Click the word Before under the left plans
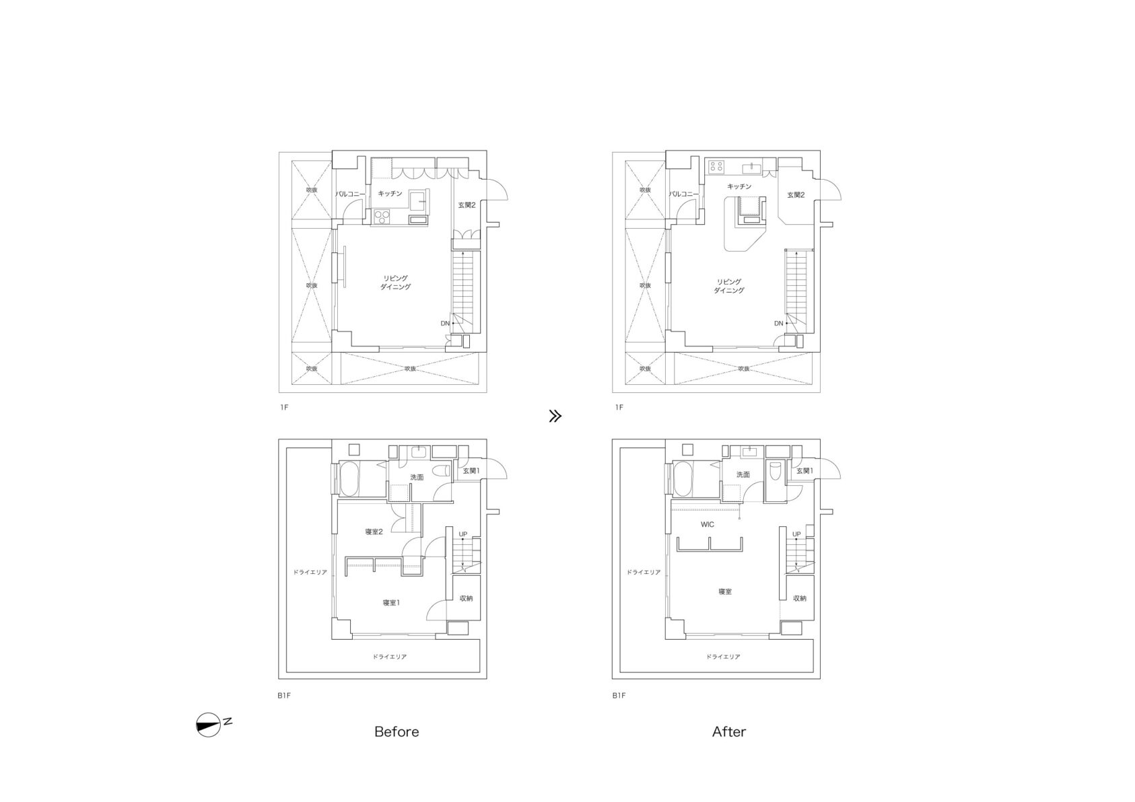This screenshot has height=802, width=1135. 397,731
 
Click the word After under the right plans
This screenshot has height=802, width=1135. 728,731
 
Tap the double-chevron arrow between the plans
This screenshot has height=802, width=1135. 555,416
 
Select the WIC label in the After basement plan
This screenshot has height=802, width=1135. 708,525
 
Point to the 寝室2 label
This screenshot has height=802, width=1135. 374,532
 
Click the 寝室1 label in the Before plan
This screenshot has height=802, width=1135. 391,603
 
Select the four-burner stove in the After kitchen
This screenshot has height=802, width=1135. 716,167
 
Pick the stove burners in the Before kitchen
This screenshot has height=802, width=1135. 382,217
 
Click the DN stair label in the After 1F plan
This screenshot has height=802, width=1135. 778,324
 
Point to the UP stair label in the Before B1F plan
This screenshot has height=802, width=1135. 463,534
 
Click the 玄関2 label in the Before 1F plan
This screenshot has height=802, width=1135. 467,205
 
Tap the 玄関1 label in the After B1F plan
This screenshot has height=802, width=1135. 804,471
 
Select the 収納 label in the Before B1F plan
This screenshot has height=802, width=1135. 466,598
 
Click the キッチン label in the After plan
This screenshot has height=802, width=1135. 739,186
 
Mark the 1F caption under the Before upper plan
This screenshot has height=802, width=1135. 284,407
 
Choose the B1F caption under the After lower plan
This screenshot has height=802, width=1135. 619,696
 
